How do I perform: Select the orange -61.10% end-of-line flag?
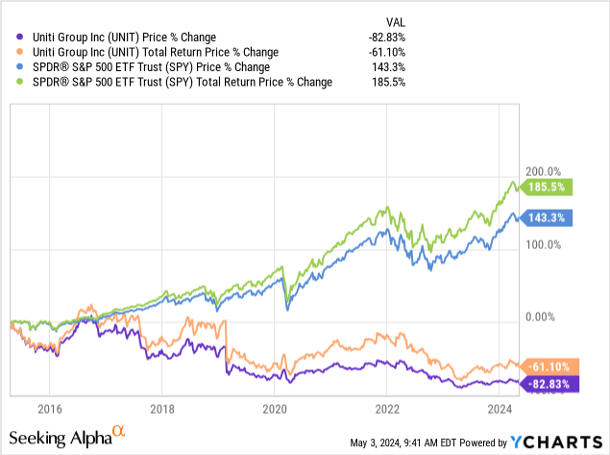(548, 366)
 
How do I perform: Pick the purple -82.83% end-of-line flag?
(548, 384)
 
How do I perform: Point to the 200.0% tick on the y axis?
(539, 170)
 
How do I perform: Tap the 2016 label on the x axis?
(50, 407)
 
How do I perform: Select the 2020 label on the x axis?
(275, 407)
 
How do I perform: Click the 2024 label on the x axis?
(500, 407)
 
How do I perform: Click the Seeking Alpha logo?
(73, 438)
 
